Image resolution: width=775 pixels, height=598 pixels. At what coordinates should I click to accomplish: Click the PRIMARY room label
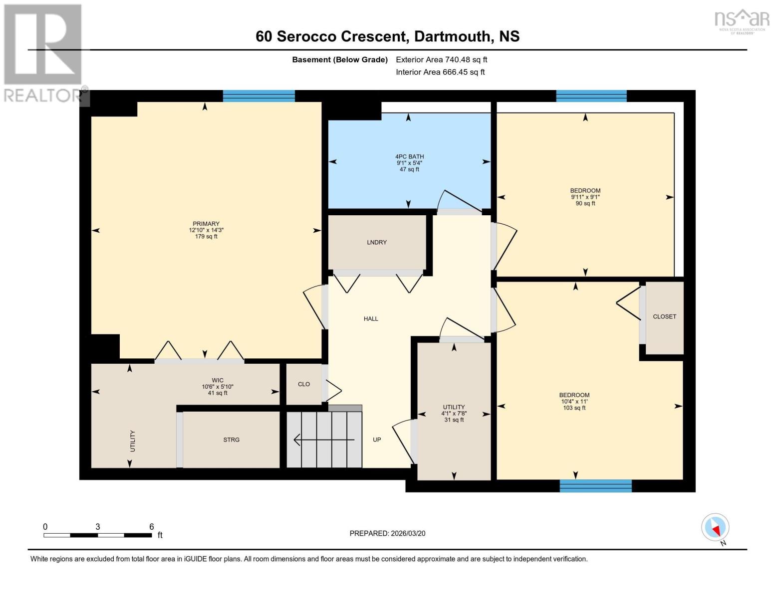click(206, 224)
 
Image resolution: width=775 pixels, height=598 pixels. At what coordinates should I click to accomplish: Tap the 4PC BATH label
click(409, 156)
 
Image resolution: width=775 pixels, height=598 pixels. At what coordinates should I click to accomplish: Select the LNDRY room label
click(377, 242)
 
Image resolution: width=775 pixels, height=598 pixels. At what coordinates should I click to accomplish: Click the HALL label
click(371, 319)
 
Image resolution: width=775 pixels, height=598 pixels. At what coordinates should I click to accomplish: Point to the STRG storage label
click(231, 440)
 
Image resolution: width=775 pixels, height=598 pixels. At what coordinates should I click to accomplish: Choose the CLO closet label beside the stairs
click(303, 384)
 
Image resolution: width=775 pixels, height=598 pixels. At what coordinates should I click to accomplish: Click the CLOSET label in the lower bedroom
click(664, 316)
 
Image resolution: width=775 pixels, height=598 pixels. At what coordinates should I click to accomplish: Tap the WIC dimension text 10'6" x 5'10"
click(218, 387)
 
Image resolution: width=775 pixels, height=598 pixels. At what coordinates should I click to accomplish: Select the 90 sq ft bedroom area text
click(585, 203)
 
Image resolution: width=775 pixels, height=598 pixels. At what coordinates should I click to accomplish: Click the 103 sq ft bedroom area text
click(574, 408)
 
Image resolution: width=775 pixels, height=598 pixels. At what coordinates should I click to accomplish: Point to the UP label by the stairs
click(377, 440)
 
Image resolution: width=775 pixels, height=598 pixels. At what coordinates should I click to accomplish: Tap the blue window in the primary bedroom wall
click(258, 96)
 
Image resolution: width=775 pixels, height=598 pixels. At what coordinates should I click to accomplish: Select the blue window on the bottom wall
click(595, 486)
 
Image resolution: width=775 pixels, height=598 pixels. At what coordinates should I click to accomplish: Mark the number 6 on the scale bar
click(151, 527)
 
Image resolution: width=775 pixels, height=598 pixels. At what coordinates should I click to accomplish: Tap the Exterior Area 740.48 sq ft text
click(441, 60)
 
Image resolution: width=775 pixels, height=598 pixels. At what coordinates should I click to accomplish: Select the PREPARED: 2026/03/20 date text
click(387, 533)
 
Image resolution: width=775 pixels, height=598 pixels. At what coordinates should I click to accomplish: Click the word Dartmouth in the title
click(452, 36)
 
